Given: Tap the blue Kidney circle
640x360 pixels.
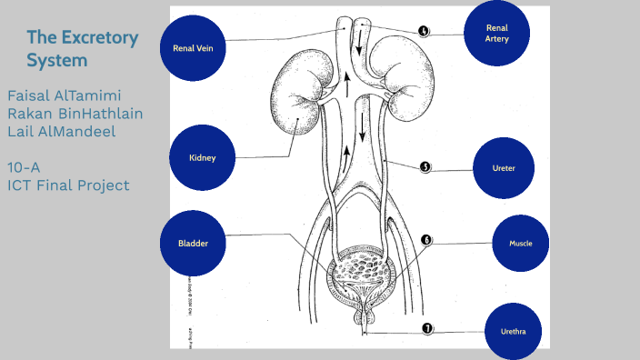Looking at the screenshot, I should pos(202,157).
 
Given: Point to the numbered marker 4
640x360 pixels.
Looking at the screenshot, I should pos(425,31).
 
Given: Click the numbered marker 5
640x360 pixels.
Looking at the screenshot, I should pos(425,167).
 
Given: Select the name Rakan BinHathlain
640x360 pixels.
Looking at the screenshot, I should pos(75,114).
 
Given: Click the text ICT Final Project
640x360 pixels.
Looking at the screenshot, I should pos(68,185).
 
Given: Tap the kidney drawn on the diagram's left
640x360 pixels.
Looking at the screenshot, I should pos(301,94).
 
